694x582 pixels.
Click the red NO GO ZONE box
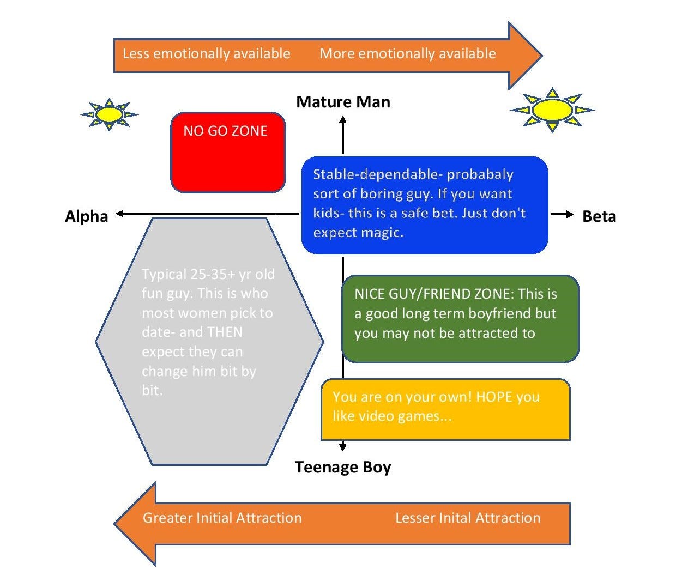pyautogui.click(x=228, y=153)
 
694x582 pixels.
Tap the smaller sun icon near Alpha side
pyautogui.click(x=109, y=114)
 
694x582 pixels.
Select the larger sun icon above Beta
pyautogui.click(x=552, y=110)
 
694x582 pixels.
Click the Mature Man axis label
pyautogui.click(x=343, y=102)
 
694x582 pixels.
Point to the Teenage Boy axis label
pyautogui.click(x=343, y=467)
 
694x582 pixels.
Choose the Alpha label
pyautogui.click(x=87, y=216)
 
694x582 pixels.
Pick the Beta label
pyautogui.click(x=599, y=216)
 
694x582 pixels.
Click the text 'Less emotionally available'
pyautogui.click(x=207, y=53)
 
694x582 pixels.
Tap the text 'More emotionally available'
pyautogui.click(x=408, y=53)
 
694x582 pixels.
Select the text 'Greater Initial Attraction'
pyautogui.click(x=222, y=518)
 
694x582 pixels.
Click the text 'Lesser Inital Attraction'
pyautogui.click(x=468, y=518)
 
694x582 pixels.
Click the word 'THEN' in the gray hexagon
pyautogui.click(x=225, y=332)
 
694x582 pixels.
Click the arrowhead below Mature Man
pyautogui.click(x=343, y=122)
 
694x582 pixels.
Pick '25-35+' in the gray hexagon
pyautogui.click(x=213, y=274)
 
